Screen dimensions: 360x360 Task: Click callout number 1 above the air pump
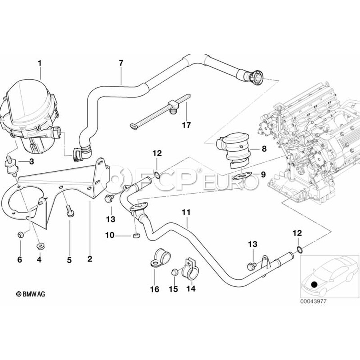(x=40, y=63)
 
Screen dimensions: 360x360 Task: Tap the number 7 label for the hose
(x=121, y=63)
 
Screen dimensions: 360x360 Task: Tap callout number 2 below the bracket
(x=90, y=259)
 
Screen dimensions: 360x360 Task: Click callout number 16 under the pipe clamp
(x=154, y=289)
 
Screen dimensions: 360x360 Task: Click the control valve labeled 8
(x=234, y=151)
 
